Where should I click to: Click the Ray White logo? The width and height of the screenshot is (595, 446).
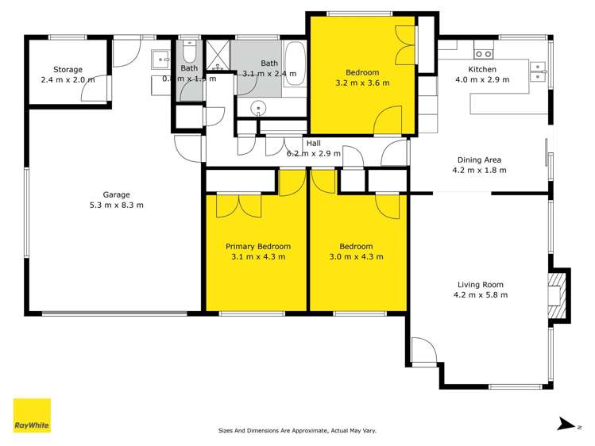click(x=32, y=415)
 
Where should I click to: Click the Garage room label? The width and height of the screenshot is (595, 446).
click(x=116, y=194)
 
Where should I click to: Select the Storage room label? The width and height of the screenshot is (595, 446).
click(x=68, y=70)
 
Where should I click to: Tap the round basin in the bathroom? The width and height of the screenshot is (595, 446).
click(x=257, y=109)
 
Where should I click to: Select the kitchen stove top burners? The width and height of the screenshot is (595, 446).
click(x=484, y=54)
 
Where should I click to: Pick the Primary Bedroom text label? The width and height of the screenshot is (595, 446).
click(x=257, y=246)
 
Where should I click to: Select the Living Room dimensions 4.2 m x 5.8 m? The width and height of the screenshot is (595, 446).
click(x=481, y=294)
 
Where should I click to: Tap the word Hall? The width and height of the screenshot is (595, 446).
click(x=314, y=143)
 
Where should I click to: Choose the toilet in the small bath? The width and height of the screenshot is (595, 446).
click(x=188, y=52)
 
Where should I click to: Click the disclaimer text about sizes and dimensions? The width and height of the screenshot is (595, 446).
click(x=297, y=431)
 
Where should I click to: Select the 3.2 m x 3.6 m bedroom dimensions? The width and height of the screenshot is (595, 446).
click(x=362, y=82)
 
